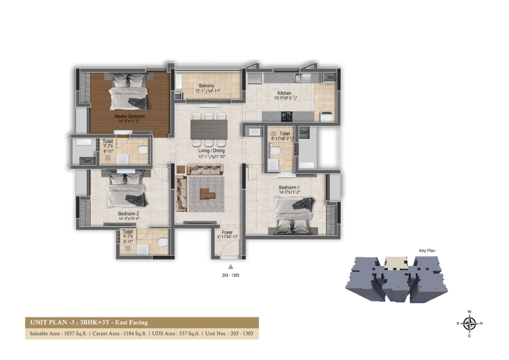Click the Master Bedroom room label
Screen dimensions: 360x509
pos(129,116)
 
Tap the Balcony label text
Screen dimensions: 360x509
pos(206,86)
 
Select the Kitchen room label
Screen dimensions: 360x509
pos(284,93)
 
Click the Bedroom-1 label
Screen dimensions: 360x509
pos(290,187)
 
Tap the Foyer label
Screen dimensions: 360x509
pos(227,232)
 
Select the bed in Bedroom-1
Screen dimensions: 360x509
pos(293,213)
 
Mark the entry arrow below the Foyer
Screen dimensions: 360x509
pos(230,266)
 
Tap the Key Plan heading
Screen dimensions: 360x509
pos(426,250)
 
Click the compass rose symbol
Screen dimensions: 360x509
pos(469,324)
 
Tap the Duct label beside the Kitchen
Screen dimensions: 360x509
pos(330,77)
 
